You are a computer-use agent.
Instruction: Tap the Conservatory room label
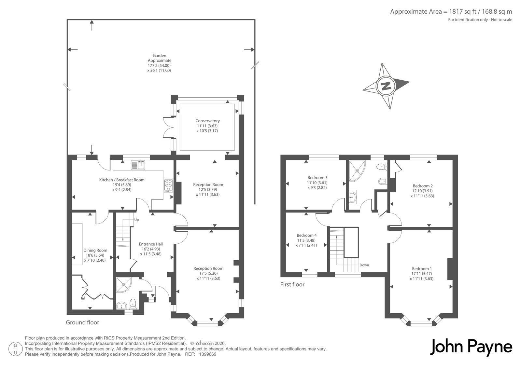207,121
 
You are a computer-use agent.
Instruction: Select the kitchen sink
138,165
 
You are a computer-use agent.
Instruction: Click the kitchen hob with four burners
168,185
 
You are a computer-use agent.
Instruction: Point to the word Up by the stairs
136,220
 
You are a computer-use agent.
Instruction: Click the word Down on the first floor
364,265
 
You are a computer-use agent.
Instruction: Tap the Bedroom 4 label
306,235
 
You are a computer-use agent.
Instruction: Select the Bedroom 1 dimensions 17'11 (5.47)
422,274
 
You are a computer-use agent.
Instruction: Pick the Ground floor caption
82,322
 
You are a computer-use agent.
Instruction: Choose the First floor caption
292,285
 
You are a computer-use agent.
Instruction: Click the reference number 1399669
208,354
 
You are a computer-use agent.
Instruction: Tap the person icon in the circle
16,349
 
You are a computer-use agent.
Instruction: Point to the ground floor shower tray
124,285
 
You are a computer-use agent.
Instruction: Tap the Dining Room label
95,250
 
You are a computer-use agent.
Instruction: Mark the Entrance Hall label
151,244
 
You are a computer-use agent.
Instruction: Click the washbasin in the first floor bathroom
353,198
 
